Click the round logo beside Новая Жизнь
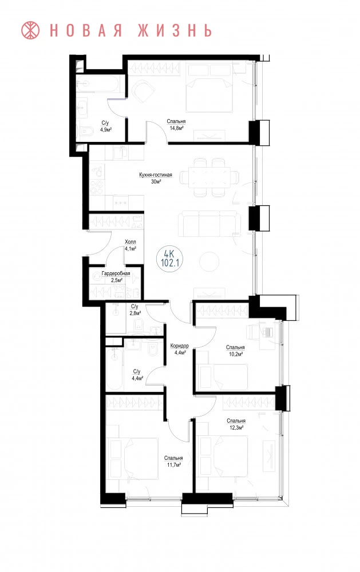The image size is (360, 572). click(x=30, y=30)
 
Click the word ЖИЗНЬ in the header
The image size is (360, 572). click(x=175, y=31)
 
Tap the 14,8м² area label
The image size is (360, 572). click(x=176, y=128)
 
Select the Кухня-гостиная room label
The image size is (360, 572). click(x=156, y=174)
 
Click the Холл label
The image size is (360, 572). click(x=130, y=242)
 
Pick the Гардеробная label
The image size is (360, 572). click(x=116, y=273)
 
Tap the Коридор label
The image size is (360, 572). click(x=180, y=346)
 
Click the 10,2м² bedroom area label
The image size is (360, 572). click(x=235, y=354)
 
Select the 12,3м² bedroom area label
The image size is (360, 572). click(x=236, y=427)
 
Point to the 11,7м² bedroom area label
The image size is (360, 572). click(x=173, y=464)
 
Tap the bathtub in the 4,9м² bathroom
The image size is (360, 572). click(x=98, y=84)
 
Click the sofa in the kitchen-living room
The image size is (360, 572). click(x=209, y=224)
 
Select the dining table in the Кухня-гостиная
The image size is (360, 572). click(x=210, y=177)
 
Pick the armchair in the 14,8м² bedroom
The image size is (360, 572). click(x=143, y=92)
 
